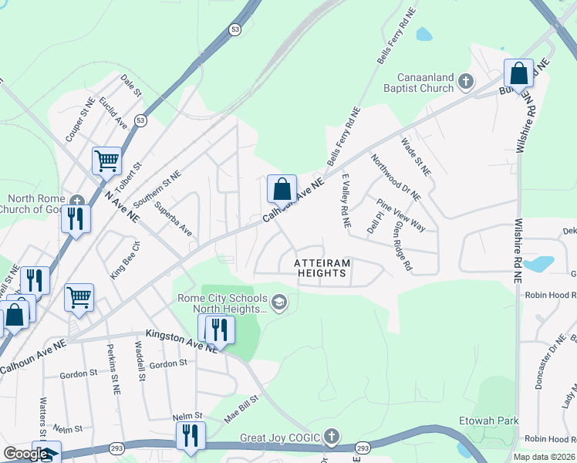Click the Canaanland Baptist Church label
click(425, 83)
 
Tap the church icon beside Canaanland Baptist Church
click(465, 81)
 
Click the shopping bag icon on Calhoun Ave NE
click(282, 189)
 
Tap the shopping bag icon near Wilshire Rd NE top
click(519, 73)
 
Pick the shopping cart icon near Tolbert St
click(106, 161)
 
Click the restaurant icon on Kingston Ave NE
click(220, 330)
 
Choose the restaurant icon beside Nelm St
click(190, 435)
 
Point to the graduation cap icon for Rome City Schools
click(279, 302)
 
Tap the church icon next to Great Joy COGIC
click(332, 438)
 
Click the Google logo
click(25, 454)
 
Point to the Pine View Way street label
click(401, 215)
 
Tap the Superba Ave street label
click(173, 219)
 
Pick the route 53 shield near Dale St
click(140, 121)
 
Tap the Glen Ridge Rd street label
click(402, 247)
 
